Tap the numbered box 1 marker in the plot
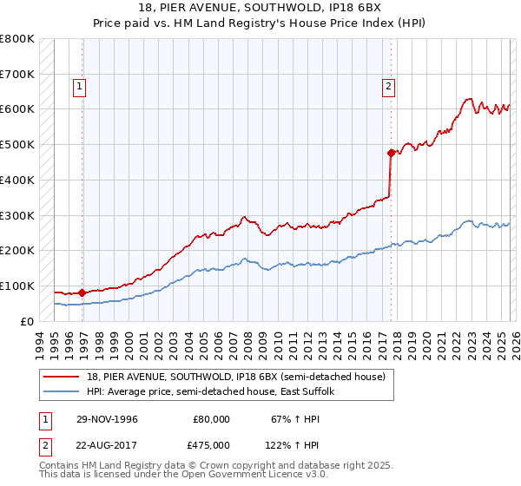(80, 86)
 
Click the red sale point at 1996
(82, 293)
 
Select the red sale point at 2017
(391, 153)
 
